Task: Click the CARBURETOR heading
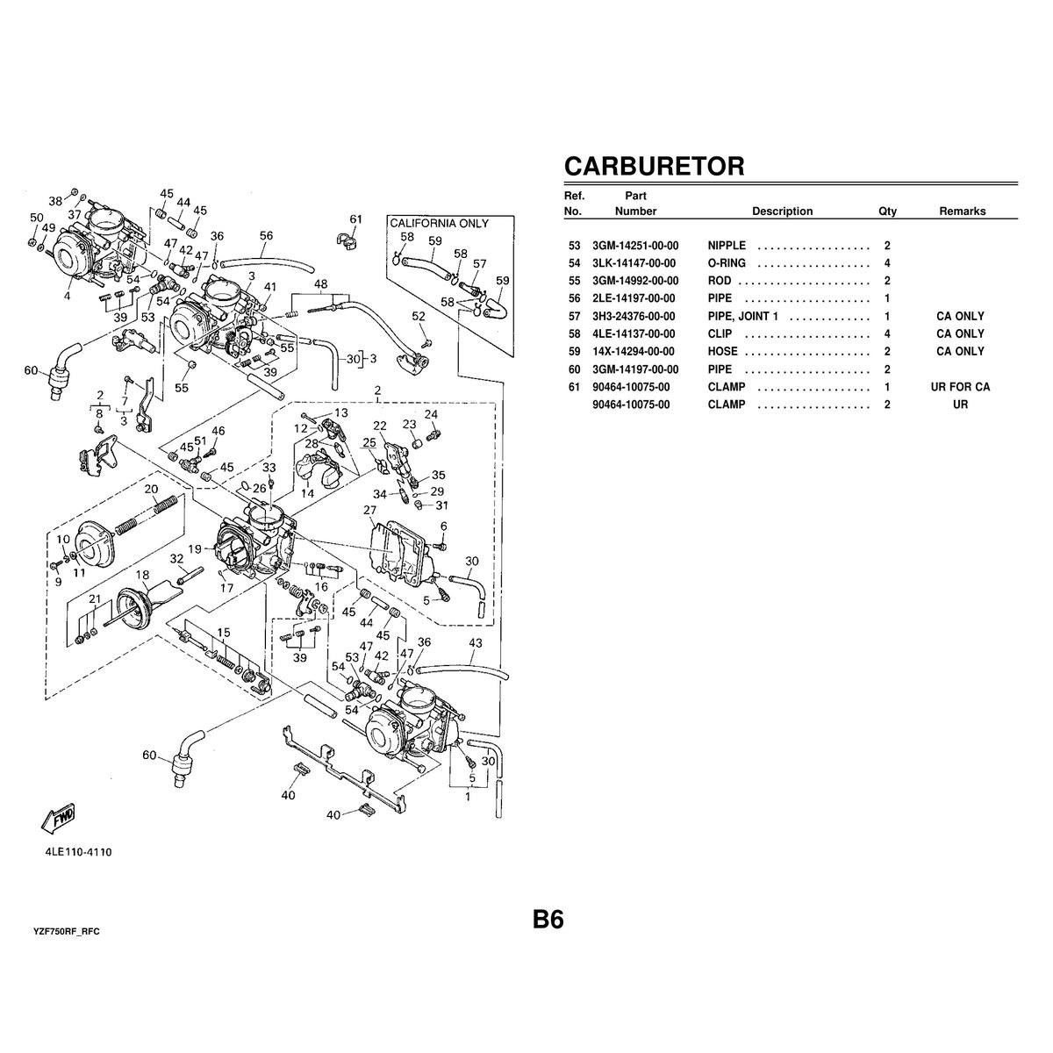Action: (x=654, y=166)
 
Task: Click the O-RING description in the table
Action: (x=727, y=263)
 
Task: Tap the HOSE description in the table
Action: (x=723, y=351)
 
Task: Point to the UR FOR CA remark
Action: (x=960, y=387)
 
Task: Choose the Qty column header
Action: (x=887, y=211)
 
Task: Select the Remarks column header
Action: (x=962, y=211)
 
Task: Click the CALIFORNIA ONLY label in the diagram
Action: (x=439, y=224)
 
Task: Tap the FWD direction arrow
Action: (x=59, y=819)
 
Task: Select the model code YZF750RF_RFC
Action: (x=66, y=929)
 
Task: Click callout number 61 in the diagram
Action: (x=355, y=218)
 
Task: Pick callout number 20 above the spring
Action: (x=151, y=489)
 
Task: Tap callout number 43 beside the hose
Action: (x=475, y=643)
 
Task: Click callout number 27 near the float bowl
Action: (x=369, y=510)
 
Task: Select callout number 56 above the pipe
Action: (x=266, y=235)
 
